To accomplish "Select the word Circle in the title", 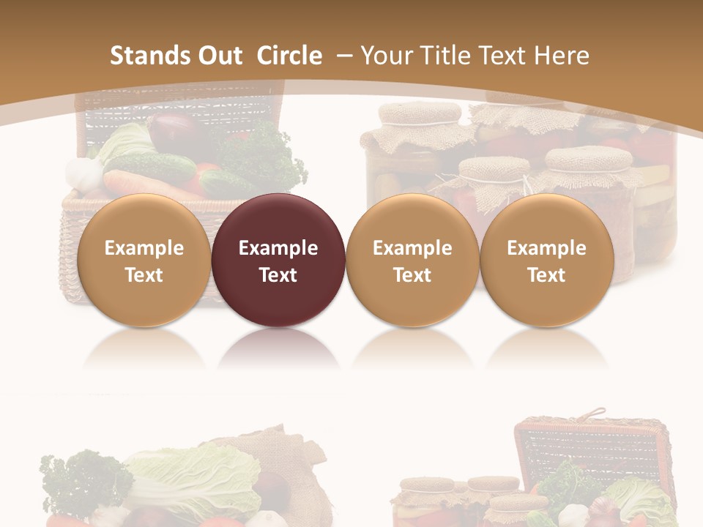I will pyautogui.click(x=289, y=56).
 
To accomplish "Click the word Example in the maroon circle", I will pyautogui.click(x=278, y=248).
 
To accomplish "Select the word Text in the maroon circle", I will pyautogui.click(x=278, y=275).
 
